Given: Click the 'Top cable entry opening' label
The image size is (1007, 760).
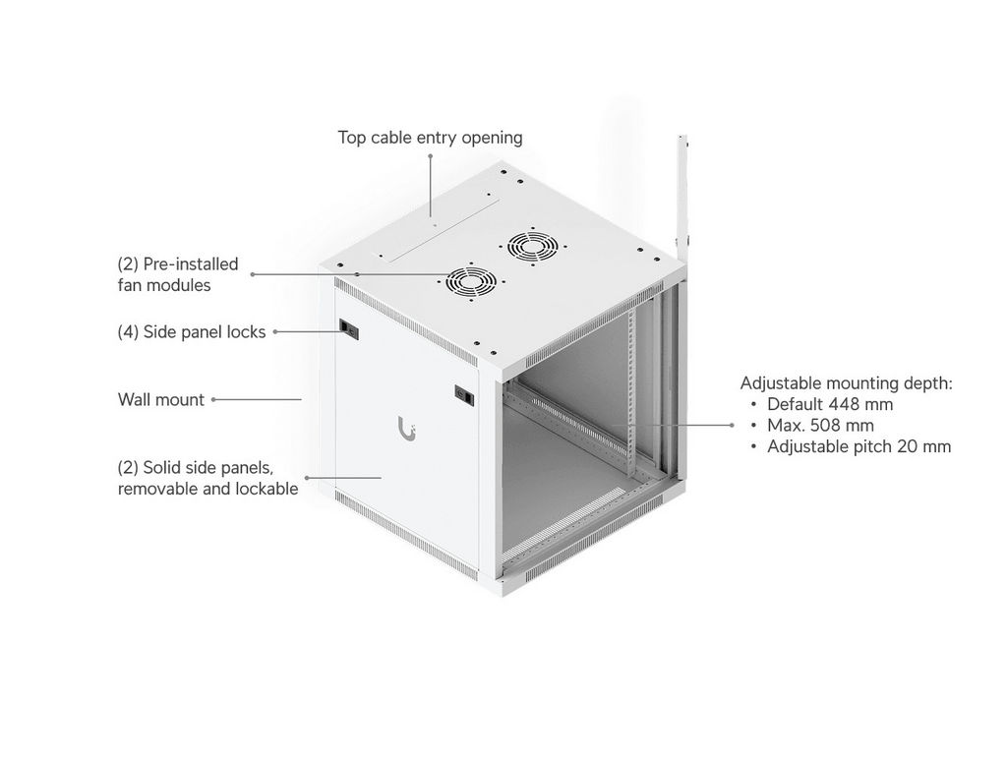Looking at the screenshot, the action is click(x=430, y=138).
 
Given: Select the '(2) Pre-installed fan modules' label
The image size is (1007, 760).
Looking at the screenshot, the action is click(x=178, y=274).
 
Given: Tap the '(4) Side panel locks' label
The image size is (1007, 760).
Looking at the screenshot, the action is click(x=192, y=332).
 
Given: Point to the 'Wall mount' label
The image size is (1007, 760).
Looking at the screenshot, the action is click(x=161, y=399).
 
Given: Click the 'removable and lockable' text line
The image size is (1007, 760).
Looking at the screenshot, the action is click(x=208, y=489).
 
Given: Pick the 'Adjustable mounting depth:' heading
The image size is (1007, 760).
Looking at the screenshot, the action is click(x=847, y=383).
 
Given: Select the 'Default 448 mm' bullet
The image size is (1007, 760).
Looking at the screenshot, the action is click(x=830, y=404).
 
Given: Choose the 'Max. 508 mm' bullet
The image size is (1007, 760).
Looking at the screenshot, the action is click(x=820, y=426).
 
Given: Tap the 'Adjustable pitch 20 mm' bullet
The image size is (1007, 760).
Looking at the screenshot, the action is click(x=859, y=446).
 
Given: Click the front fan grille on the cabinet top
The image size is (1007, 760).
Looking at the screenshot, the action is click(x=471, y=281).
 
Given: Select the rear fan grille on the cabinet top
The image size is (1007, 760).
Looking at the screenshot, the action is click(x=533, y=246).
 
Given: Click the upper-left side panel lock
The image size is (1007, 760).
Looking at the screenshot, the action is click(x=349, y=329).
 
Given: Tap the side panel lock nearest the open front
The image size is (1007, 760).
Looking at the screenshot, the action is click(x=464, y=395).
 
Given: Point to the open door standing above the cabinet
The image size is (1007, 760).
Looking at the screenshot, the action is click(x=683, y=193).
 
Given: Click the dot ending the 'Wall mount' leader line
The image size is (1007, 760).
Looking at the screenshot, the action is click(x=213, y=399).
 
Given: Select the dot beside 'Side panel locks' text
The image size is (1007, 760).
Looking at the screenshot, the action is click(x=275, y=332).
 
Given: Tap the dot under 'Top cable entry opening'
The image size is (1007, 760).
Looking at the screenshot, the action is click(x=431, y=155).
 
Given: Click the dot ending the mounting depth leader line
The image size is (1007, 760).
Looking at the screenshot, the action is click(x=732, y=425).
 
